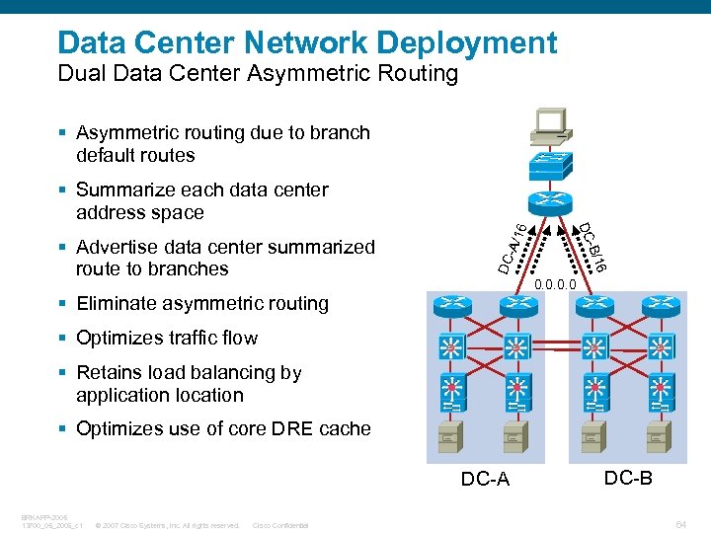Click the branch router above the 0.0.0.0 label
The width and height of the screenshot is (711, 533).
tap(549, 203)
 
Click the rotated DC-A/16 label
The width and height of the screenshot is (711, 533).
tap(512, 249)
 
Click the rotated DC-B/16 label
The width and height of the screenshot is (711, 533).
tap(592, 247)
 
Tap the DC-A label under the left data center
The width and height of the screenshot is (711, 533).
tap(485, 480)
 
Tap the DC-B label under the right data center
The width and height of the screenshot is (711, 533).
tap(628, 478)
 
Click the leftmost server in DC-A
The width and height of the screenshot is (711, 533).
tap(451, 434)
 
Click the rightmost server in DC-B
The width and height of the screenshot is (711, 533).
tap(660, 434)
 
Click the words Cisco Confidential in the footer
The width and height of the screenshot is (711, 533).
tap(280, 525)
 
